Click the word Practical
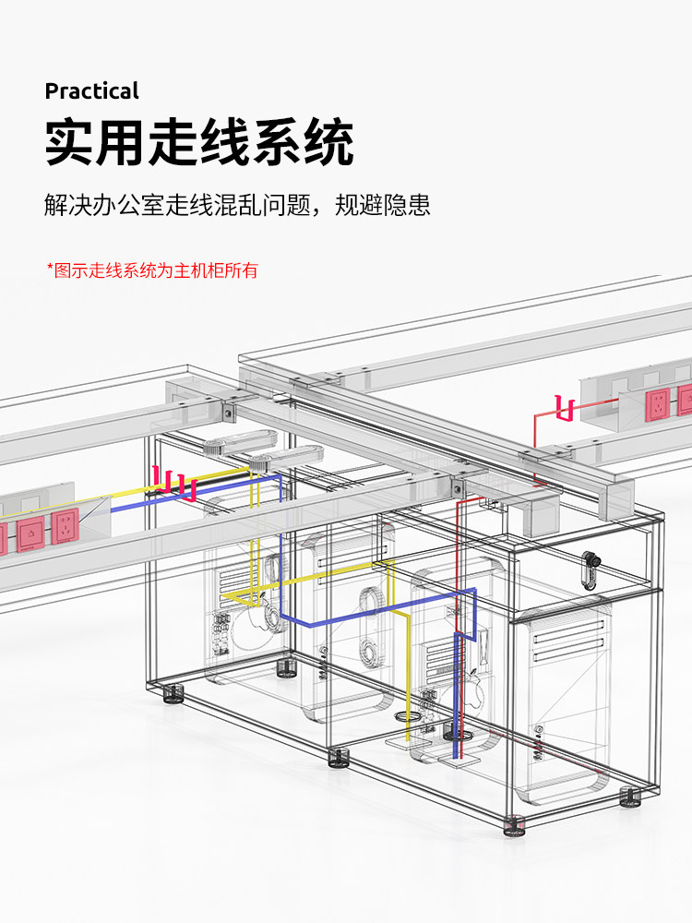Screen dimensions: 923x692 click(x=91, y=90)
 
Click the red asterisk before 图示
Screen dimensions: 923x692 click(x=50, y=270)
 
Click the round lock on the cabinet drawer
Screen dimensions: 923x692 click(x=588, y=558)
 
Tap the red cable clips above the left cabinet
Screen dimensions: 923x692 click(x=175, y=483)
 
